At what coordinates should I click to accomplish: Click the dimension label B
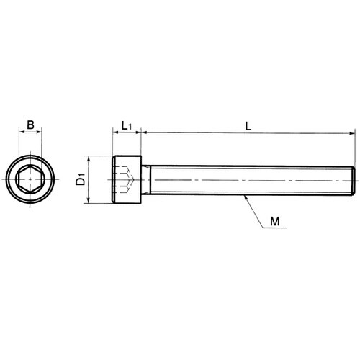coord(30,125)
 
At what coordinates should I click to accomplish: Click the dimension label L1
coord(127,125)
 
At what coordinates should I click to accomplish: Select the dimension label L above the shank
coord(248,126)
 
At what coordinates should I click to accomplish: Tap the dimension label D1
coord(81,179)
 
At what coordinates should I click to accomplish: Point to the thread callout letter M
coord(275,221)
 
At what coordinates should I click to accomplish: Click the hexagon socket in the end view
coord(30,179)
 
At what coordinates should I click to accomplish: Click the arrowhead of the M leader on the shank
coord(246,198)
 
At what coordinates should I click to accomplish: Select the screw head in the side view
coord(127,180)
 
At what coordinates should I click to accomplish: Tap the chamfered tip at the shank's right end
coord(353,180)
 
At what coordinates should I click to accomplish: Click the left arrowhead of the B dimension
coord(21,132)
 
